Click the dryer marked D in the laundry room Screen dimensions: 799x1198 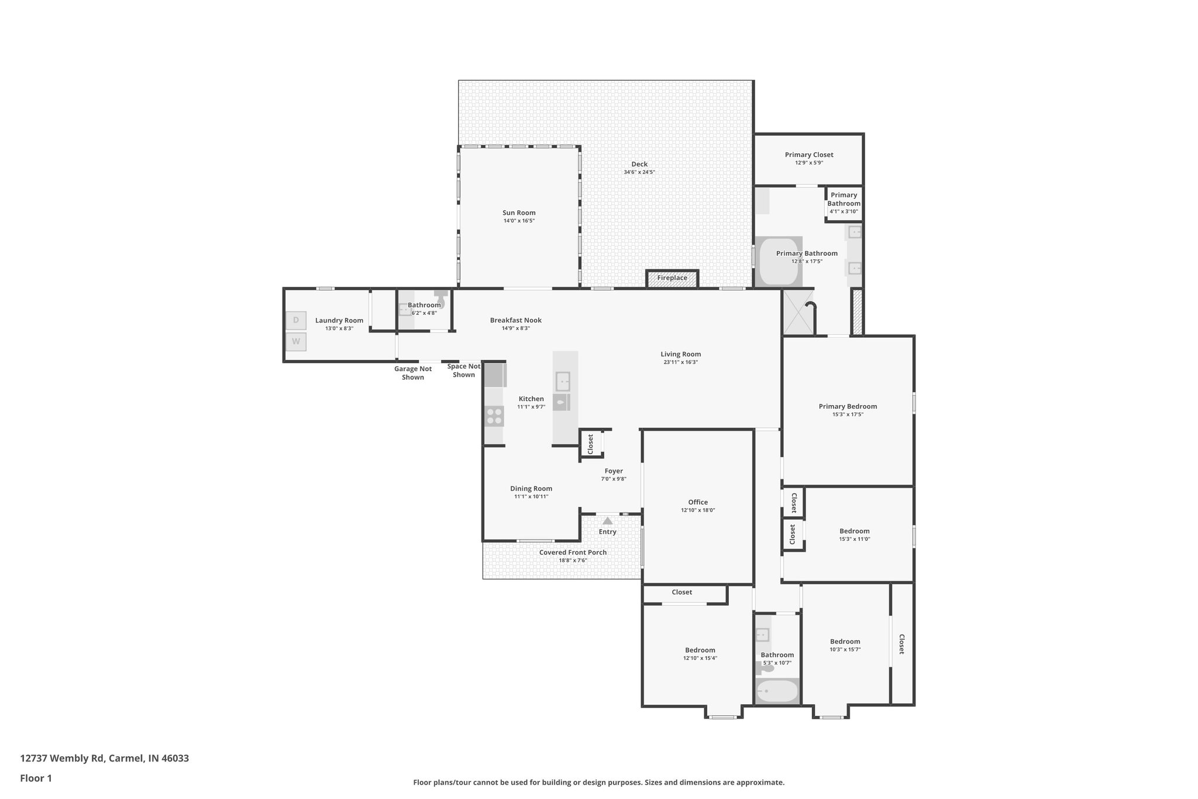296,320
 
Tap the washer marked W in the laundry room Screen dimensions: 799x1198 296,341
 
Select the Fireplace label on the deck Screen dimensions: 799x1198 672,278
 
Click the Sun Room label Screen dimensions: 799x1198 519,213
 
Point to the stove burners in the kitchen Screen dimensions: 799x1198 494,416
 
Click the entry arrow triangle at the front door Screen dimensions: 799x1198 608,520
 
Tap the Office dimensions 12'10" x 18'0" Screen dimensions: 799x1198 698,510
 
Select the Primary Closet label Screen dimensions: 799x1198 809,155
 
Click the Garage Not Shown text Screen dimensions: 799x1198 413,373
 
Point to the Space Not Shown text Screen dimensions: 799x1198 464,371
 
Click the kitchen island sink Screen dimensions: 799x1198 563,381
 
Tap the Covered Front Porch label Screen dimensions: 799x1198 573,553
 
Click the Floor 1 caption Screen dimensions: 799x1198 36,779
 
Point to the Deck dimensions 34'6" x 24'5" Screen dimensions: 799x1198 639,173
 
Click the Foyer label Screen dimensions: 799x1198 614,471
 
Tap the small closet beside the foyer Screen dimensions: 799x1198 591,444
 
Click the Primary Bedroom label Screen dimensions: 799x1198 848,407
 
